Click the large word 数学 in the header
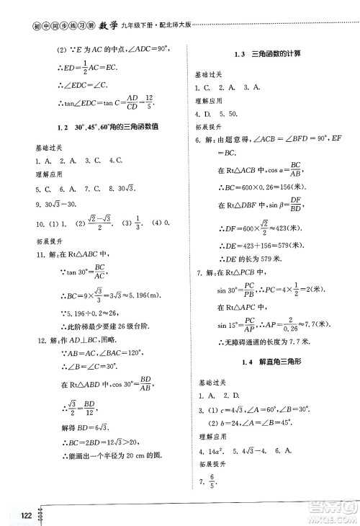[x=103, y=9]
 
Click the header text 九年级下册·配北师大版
[x=156, y=10]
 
